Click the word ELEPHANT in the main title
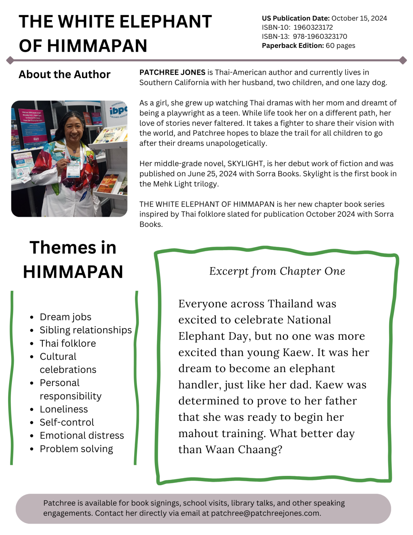click(165, 22)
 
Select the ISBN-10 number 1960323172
click(313, 27)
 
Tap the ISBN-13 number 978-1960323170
click(320, 36)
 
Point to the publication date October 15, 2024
click(359, 18)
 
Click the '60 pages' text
click(340, 45)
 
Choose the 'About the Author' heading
click(64, 74)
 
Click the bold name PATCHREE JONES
click(172, 72)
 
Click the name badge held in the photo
click(74, 170)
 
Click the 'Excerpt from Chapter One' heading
click(277, 271)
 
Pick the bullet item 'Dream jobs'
click(65, 317)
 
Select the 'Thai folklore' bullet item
click(68, 343)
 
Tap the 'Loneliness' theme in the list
click(64, 409)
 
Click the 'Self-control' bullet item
click(67, 422)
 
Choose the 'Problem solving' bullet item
click(76, 449)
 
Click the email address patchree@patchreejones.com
click(265, 513)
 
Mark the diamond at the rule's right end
click(403, 60)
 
